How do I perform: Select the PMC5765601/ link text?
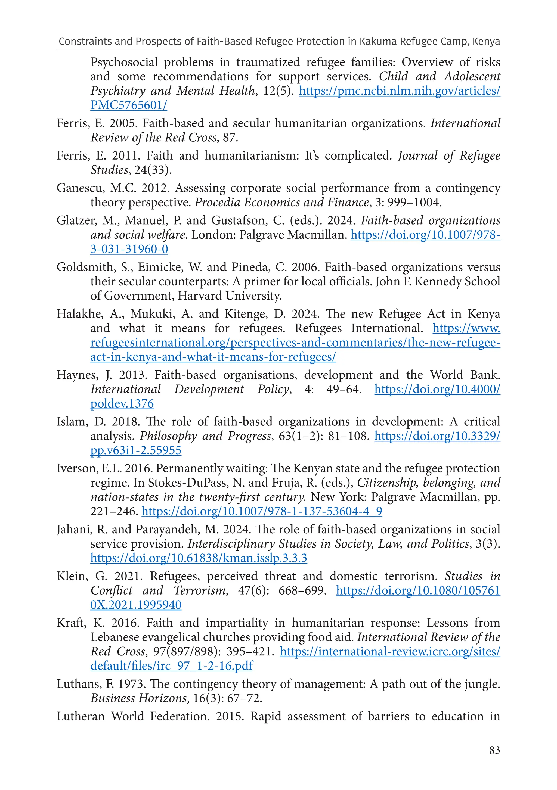click(129, 105)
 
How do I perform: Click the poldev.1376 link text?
click(122, 404)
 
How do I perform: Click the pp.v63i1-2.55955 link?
click(136, 450)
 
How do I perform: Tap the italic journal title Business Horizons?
click(138, 698)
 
